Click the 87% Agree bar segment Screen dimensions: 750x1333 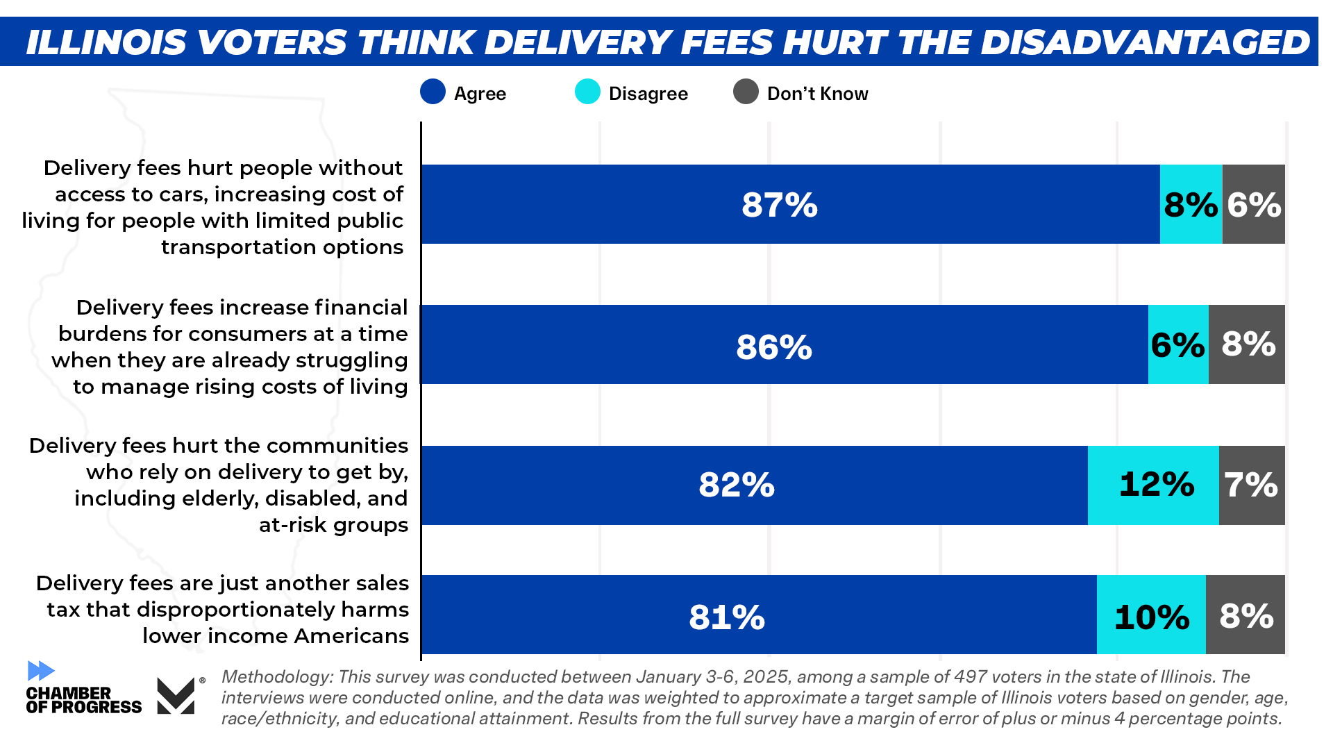tap(790, 204)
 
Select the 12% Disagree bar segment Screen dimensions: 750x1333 tap(1153, 485)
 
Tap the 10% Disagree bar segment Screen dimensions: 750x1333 tap(1151, 615)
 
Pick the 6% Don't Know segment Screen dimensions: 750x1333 tap(1253, 204)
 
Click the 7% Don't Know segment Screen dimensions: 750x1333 tap(1251, 485)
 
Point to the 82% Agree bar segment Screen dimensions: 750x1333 tap(754, 485)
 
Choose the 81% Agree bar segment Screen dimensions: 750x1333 tap(758, 615)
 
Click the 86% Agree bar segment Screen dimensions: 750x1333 tap(785, 344)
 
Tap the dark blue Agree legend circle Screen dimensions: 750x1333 tap(433, 92)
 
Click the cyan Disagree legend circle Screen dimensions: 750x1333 tap(587, 92)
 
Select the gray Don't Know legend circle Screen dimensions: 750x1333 tap(746, 92)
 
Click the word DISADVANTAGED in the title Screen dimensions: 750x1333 tap(1145, 42)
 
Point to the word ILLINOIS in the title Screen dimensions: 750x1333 tap(106, 42)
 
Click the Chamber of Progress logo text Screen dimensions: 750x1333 tap(83, 700)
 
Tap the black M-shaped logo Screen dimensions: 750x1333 tap(176, 696)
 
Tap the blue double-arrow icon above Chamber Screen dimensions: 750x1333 tap(41, 671)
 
